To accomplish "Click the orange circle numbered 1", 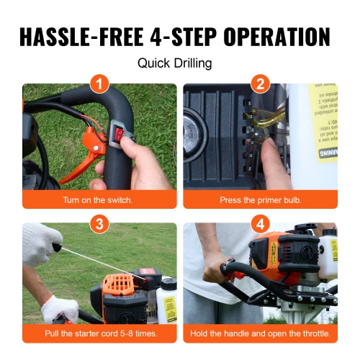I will tap(100, 84).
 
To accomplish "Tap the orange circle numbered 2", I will tap(260, 84).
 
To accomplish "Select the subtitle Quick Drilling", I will tap(175, 63).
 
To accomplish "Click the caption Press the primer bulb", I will tap(260, 199).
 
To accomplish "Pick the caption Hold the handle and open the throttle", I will tap(260, 334).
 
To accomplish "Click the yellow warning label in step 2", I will tap(323, 122).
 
